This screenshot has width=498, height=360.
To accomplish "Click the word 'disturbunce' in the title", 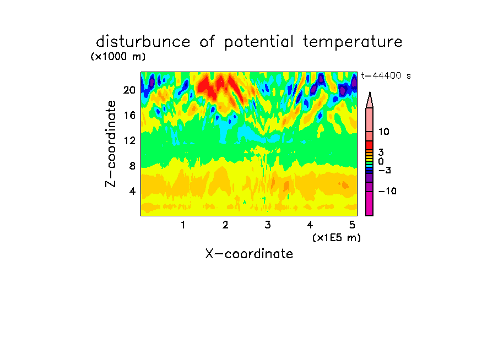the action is [143, 41].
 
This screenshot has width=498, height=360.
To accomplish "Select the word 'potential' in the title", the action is [259, 42].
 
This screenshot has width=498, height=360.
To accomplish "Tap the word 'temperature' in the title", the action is [353, 42].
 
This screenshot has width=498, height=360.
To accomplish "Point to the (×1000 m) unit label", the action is [118, 57].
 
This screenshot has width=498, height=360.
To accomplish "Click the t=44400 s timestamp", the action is [386, 75].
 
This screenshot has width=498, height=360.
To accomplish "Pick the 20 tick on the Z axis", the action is [129, 90].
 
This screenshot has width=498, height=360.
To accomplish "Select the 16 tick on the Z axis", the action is [129, 115].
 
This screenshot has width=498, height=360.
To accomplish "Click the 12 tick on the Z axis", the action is [129, 140].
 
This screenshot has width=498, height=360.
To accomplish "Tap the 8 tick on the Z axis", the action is [132, 166].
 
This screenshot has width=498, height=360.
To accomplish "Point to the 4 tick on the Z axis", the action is [132, 191].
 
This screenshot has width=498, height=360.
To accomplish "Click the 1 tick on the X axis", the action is [183, 225].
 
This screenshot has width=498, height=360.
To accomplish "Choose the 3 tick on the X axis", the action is [268, 225].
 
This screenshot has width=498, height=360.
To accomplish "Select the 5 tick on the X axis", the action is [352, 225].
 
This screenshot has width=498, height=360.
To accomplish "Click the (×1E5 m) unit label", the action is [337, 238].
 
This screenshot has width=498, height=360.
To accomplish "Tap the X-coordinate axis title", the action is [249, 254].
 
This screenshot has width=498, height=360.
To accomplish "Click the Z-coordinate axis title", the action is [111, 144].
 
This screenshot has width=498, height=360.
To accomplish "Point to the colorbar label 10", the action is [383, 132].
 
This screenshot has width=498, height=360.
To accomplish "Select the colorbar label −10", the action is [387, 191].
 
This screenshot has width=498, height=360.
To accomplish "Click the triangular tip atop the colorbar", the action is [370, 92].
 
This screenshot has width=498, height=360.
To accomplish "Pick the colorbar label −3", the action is [385, 171].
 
